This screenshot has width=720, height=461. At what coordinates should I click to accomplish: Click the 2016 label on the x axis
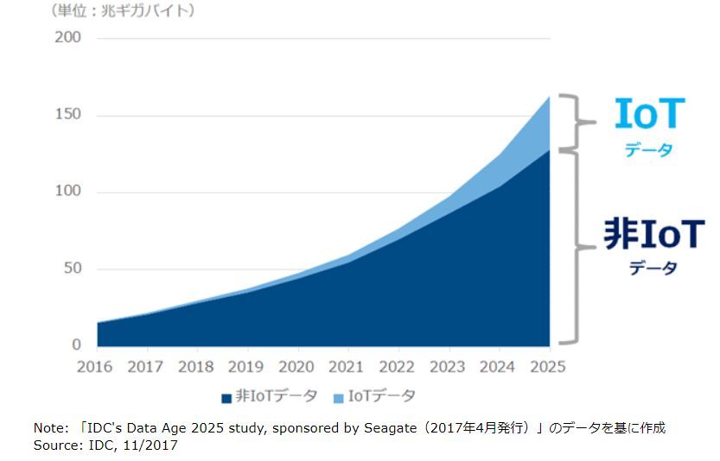coord(95,367)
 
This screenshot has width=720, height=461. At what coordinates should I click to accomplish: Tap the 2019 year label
coord(246,367)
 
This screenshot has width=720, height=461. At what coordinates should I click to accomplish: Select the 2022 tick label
coord(398,367)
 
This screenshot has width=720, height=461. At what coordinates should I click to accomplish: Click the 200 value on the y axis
coord(67,38)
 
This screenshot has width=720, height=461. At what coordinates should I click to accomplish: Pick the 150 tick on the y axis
coord(67,115)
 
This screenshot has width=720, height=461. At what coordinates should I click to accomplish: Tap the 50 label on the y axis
coord(72,268)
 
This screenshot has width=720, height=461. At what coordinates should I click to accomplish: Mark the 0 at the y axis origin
coord(77,344)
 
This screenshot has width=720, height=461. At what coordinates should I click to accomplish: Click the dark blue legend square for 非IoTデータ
coord(226,398)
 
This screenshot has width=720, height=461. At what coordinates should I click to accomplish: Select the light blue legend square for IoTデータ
coord(337,398)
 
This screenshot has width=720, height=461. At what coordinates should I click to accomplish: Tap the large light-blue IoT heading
coord(649,115)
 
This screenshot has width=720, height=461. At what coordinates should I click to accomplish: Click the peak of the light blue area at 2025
coord(549,97)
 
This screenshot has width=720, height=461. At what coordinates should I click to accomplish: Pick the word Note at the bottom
coord(48,428)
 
